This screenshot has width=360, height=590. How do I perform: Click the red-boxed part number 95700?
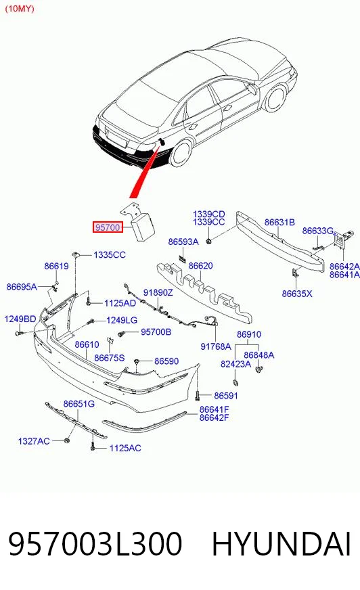click(x=108, y=227)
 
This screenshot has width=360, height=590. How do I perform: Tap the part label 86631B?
click(x=279, y=222)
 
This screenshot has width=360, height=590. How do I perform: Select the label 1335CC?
click(x=110, y=254)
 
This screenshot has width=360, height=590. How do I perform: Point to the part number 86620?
click(x=200, y=266)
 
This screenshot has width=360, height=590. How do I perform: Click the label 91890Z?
click(x=158, y=292)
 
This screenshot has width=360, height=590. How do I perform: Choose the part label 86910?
click(x=248, y=334)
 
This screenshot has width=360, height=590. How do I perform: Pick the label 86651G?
click(x=78, y=404)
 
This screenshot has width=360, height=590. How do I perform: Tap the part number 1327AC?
click(x=34, y=440)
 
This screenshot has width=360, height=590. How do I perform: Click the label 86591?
click(x=226, y=395)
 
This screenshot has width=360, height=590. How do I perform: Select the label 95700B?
click(x=156, y=332)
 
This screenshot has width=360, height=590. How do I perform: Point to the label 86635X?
click(x=297, y=294)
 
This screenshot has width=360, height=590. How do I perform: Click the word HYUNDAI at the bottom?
click(x=282, y=544)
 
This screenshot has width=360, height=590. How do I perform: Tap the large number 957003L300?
click(x=95, y=544)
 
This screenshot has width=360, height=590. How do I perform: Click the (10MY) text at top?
click(x=19, y=9)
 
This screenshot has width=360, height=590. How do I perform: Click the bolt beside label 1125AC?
click(x=93, y=447)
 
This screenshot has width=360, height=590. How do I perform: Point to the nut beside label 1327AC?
click(x=67, y=440)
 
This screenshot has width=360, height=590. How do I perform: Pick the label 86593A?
click(x=183, y=242)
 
